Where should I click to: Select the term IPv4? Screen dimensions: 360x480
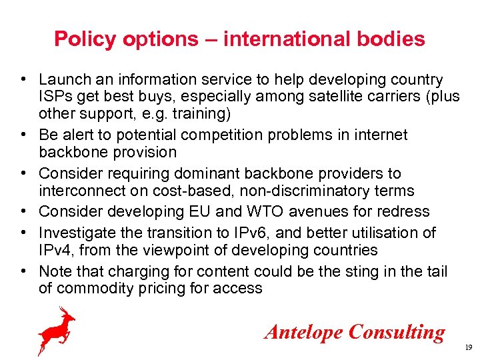55,250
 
